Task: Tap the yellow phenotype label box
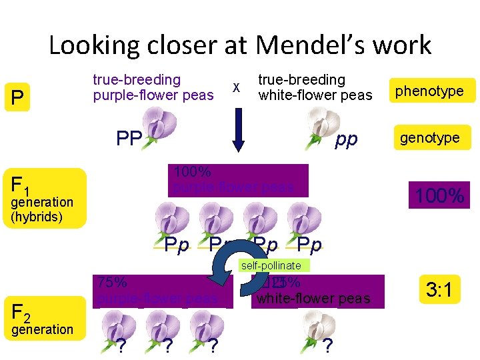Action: (x=430, y=91)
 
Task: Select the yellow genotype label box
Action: (x=430, y=138)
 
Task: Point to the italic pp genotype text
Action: (x=347, y=139)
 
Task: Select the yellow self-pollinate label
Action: (x=271, y=265)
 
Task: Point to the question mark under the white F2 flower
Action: (x=327, y=345)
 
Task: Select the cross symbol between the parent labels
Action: (x=235, y=87)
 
